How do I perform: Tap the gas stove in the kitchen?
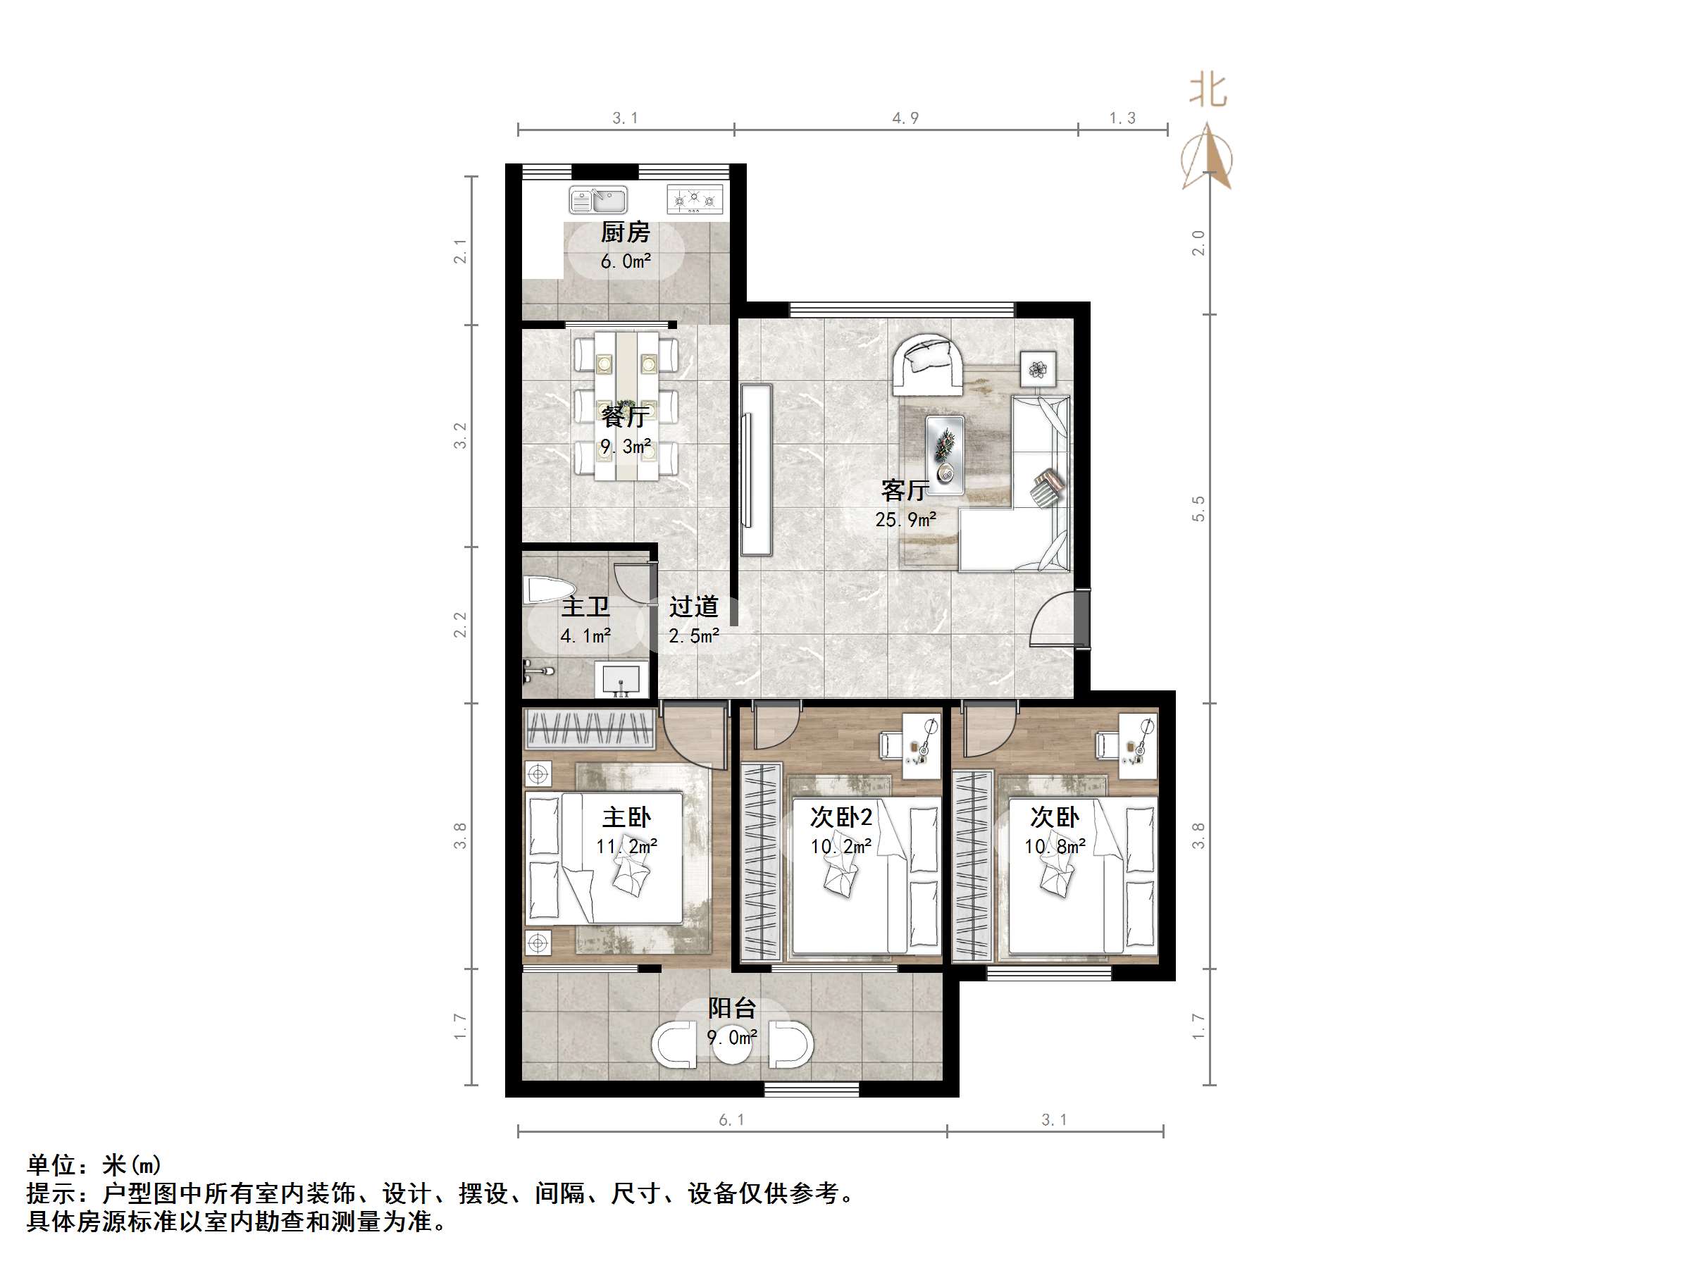(x=695, y=200)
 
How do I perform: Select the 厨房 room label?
(x=626, y=232)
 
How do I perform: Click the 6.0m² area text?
(x=626, y=261)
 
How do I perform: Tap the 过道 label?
(x=693, y=607)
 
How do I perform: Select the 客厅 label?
(x=905, y=490)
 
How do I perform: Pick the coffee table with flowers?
(x=945, y=454)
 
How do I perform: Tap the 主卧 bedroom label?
(x=626, y=818)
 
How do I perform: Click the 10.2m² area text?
(x=840, y=847)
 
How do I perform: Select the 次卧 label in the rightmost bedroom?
(x=1054, y=817)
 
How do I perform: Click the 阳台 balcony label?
(x=732, y=1008)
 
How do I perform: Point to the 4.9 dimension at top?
(x=905, y=118)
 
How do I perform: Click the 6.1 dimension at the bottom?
(x=732, y=1119)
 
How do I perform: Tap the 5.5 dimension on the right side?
(x=1198, y=509)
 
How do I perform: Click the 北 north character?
(x=1208, y=89)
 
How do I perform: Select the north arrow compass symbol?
(x=1208, y=158)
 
